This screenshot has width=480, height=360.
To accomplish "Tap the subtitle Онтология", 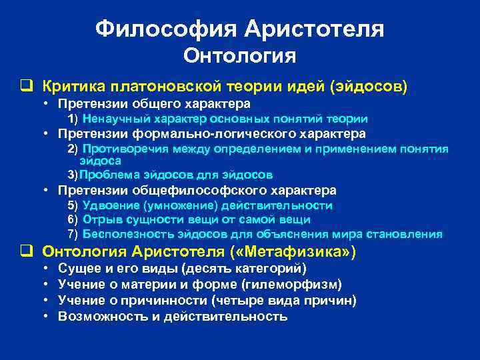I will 239,56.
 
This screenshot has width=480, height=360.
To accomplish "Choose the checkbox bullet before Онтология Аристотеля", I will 27,252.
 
